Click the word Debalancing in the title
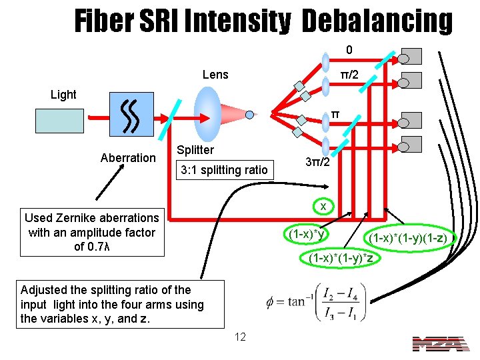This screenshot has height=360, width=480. tap(377, 21)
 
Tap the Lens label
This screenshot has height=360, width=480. tap(215, 74)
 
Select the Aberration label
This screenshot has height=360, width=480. tap(127, 158)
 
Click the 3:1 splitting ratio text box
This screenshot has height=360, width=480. tap(224, 170)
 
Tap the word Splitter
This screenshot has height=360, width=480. tap(195, 150)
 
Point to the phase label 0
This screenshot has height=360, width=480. tap(349, 50)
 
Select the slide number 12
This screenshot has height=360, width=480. tap(240, 337)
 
